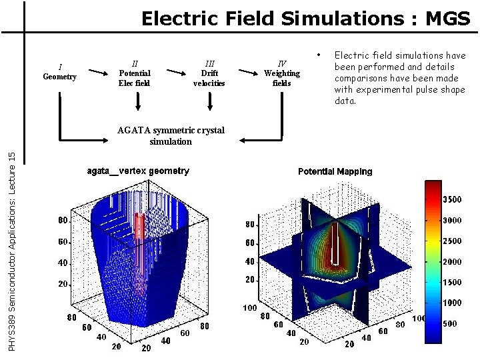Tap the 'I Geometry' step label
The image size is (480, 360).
(x=60, y=72)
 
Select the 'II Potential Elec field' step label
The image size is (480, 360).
(x=135, y=73)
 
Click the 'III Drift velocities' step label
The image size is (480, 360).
(x=209, y=73)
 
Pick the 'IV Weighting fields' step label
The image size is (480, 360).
(x=282, y=73)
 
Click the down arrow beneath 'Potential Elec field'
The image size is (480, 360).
(x=138, y=101)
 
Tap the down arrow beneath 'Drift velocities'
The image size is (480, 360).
(x=211, y=101)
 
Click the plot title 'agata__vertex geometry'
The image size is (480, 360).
(x=138, y=171)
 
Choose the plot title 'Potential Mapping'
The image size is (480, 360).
(x=335, y=171)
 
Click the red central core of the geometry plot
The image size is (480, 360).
(x=139, y=240)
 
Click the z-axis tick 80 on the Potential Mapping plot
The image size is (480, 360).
(x=248, y=224)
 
